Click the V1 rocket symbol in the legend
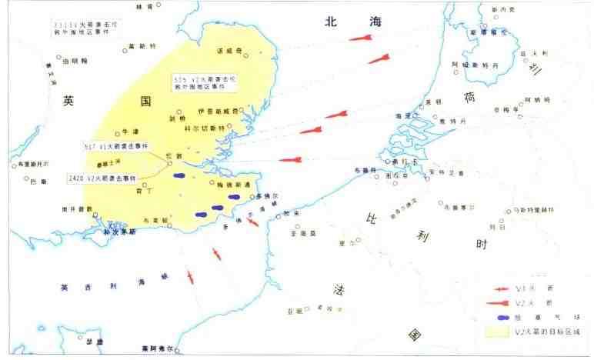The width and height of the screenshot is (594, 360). pos(502,287)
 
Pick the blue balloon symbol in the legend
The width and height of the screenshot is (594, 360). pos(502,316)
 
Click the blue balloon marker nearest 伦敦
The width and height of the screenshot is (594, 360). pos(179,175)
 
